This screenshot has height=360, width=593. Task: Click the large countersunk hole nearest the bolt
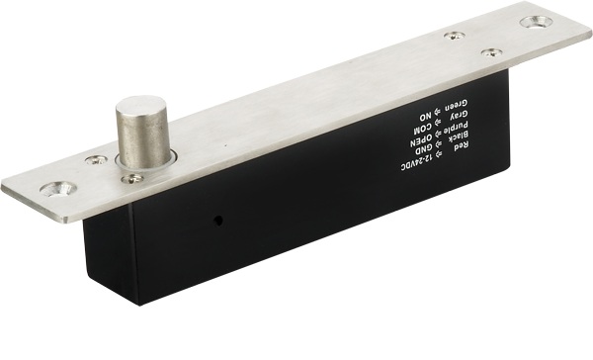(58, 189)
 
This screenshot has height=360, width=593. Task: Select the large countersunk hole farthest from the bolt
(537, 22)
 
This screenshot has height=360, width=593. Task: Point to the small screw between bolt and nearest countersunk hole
(96, 160)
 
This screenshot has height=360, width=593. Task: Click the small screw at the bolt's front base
(132, 179)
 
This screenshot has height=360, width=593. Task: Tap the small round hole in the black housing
(217, 221)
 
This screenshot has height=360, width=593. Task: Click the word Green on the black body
(457, 105)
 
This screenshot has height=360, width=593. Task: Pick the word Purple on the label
(457, 126)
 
